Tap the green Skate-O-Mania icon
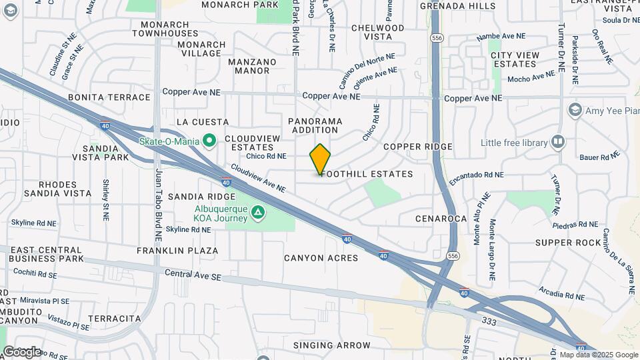coord(209,141)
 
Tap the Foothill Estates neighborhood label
coord(367,174)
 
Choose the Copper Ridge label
coord(418,147)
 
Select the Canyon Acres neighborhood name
coord(321,258)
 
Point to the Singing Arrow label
coord(331,345)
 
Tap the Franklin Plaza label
coord(177,251)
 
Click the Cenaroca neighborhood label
coord(440,218)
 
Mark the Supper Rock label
coord(568,243)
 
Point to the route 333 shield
coord(489,321)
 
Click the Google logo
coord(22,351)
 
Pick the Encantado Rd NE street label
coord(476,177)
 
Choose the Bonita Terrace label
coord(109,97)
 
